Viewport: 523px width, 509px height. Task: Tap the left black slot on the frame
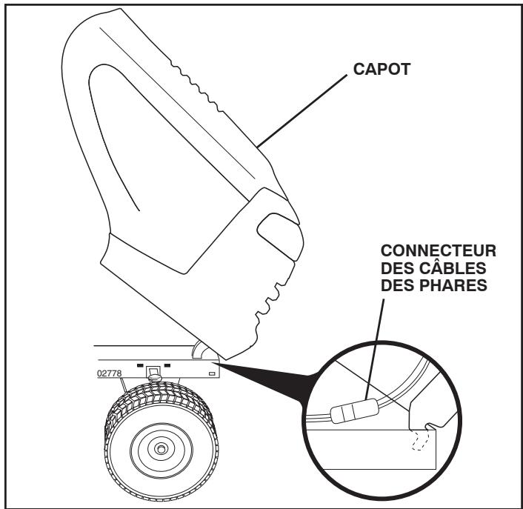point(140,365)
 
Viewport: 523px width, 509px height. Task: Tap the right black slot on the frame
point(167,365)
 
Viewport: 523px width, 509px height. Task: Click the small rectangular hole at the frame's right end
point(213,374)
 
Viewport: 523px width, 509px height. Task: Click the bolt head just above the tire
point(154,377)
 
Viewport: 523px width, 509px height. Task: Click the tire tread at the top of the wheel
point(159,393)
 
